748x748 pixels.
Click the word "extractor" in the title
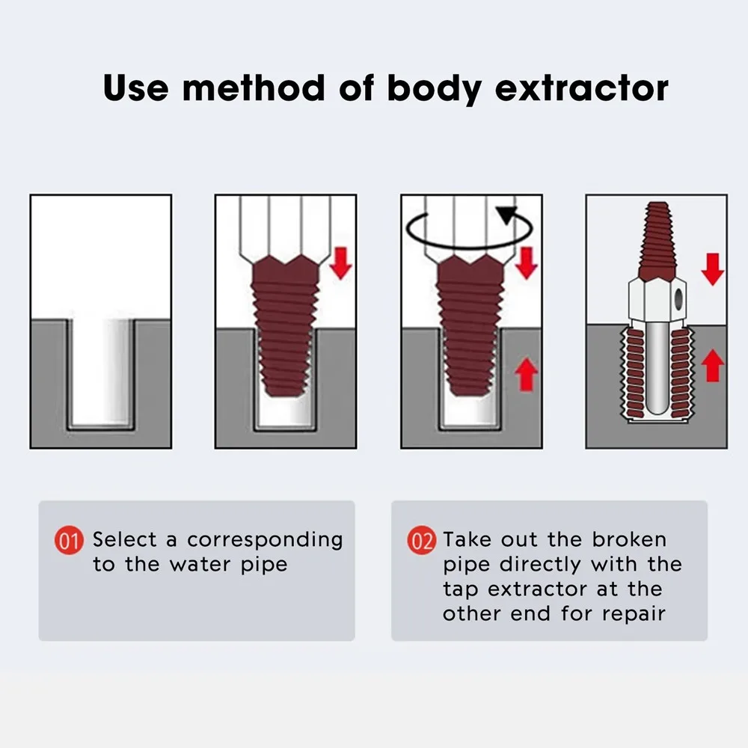coord(581,88)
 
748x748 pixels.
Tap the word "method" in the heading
coord(254,88)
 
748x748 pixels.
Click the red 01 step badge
coord(70,541)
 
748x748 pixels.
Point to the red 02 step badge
coord(422,541)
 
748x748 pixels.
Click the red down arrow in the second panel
coord(341,263)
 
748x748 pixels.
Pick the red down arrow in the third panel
coord(527,263)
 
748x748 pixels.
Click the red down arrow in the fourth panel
coord(713,268)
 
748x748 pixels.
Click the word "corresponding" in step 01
coord(265,540)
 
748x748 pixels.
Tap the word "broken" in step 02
coord(629,540)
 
